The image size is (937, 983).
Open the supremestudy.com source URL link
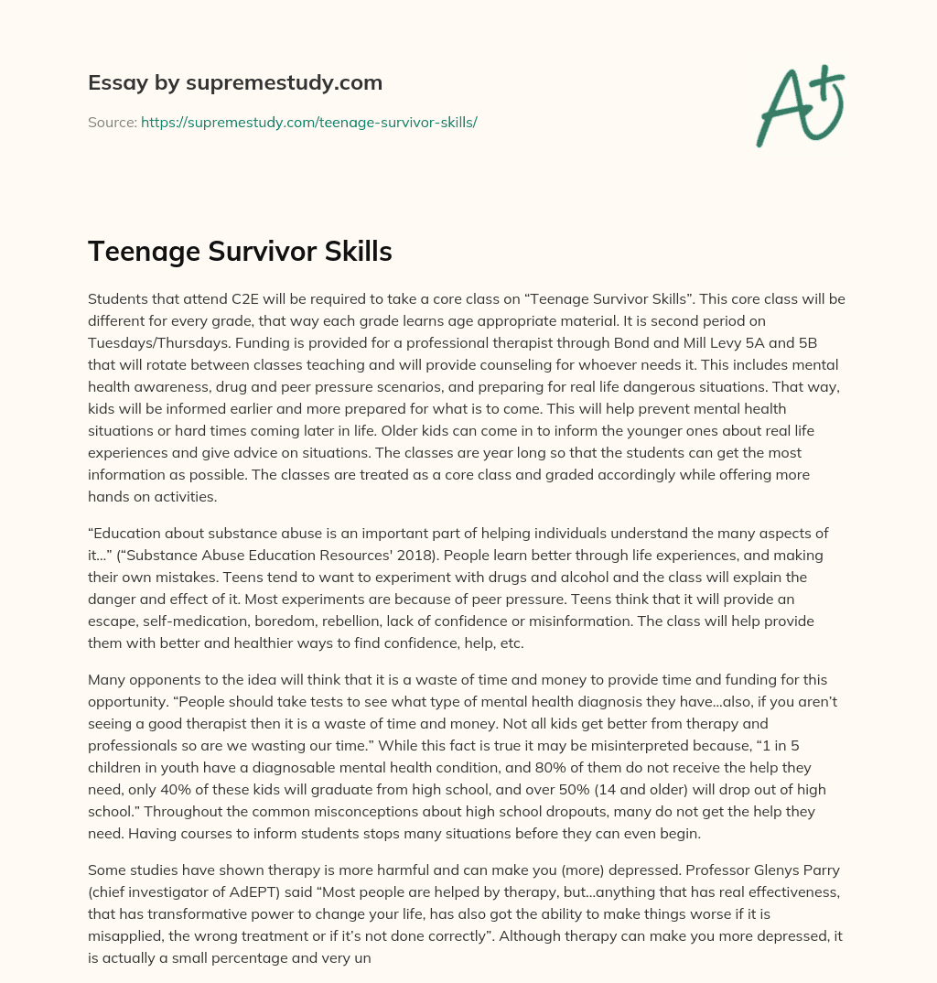[x=308, y=122]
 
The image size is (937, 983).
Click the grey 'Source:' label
[x=112, y=122]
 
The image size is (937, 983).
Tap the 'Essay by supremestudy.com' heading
[x=235, y=83]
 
